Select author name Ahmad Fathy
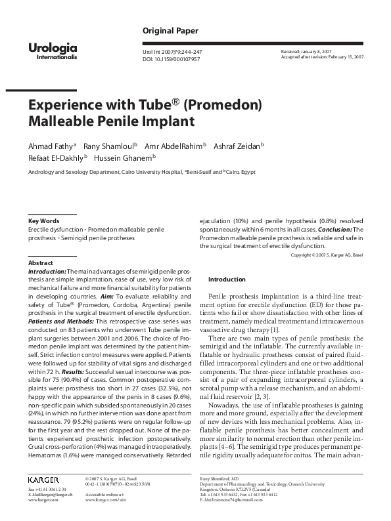tap(51, 145)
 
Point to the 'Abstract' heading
tap(41, 261)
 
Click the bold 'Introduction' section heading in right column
tap(226, 279)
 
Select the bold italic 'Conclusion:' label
tap(334, 230)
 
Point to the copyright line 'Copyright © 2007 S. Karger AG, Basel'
tap(327, 254)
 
